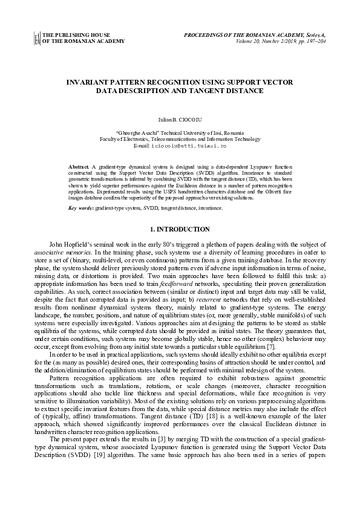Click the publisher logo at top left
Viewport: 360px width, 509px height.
tap(37, 38)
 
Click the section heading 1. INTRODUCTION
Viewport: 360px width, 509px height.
tap(180, 229)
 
